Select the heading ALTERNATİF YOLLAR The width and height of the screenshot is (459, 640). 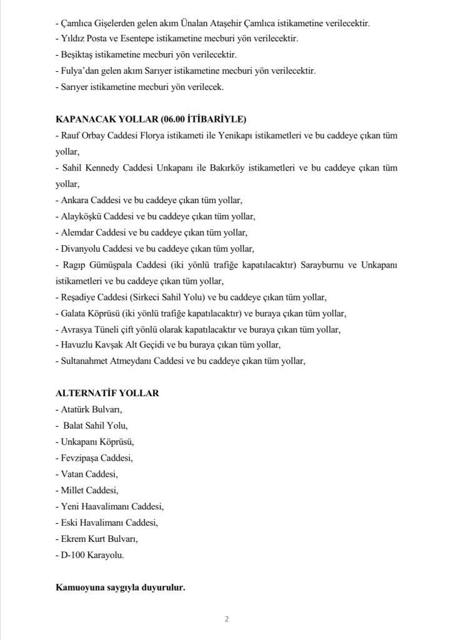[107, 393]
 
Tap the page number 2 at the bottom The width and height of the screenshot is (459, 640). [227, 620]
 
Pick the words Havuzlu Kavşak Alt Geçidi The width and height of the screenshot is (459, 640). [112, 345]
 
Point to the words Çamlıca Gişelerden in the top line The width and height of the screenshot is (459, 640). [99, 22]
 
